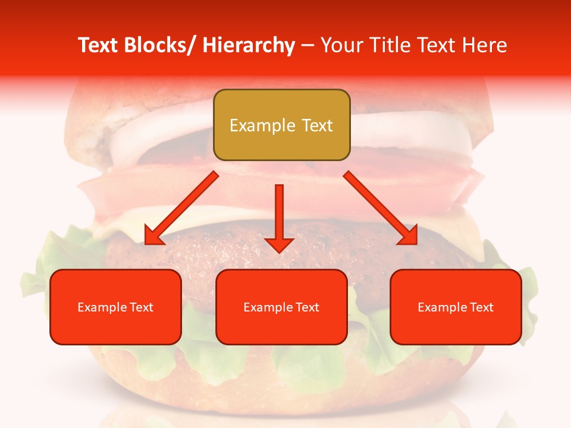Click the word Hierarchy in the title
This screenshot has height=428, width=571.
tap(249, 45)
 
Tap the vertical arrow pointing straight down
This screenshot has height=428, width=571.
tap(279, 214)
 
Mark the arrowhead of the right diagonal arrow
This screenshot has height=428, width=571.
tap(409, 237)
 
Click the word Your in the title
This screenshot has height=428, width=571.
tap(340, 45)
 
